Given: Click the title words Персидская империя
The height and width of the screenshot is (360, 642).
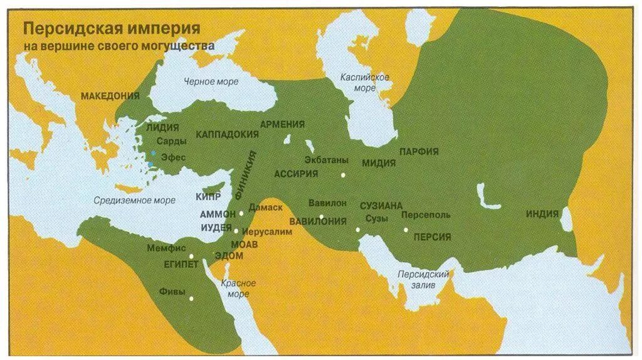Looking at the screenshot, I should tap(112, 29).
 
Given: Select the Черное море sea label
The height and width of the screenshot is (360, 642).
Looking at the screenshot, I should tap(211, 82).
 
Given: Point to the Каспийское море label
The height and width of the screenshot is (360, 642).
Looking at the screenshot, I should tap(365, 82).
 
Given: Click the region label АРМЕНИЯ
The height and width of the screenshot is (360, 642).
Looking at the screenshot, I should tap(282, 124).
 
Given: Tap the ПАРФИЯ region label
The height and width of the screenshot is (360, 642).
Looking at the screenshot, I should tap(418, 152).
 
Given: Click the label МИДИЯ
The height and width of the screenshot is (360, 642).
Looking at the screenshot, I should tap(378, 163).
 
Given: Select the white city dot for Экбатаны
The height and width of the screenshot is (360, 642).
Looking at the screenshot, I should tap(343, 176).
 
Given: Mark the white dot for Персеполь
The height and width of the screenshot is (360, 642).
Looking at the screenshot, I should tap(406, 230).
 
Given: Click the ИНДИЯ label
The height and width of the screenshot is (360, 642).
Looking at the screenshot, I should tap(542, 214).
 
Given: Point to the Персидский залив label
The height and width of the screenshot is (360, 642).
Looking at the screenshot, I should tap(424, 280).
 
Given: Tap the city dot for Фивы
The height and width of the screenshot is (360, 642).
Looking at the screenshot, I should tap(192, 299).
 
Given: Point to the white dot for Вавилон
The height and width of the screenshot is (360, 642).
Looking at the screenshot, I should tap(321, 217).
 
